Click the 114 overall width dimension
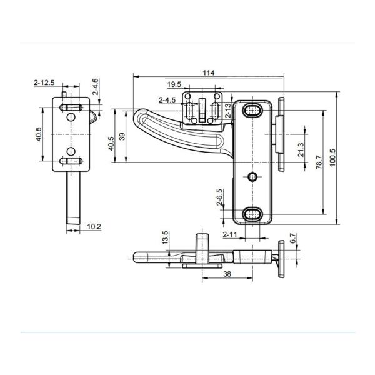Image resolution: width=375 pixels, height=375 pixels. [x=209, y=72]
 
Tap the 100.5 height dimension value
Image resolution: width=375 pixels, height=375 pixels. [x=332, y=158]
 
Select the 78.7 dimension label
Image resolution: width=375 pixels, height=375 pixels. [x=319, y=162]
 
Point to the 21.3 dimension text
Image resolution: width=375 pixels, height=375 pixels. [x=301, y=150]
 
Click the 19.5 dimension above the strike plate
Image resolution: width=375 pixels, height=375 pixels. [x=174, y=84]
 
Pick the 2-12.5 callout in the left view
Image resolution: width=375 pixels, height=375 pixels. [x=44, y=82]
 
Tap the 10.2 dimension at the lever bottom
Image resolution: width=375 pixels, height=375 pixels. [x=94, y=226]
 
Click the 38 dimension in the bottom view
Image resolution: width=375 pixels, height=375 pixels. [x=227, y=274]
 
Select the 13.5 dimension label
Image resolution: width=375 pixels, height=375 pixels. [x=166, y=237]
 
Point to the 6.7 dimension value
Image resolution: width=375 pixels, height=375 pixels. [x=293, y=239]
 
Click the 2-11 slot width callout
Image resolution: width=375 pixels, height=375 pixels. [x=230, y=235]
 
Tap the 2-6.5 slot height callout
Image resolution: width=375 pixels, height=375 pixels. [x=219, y=197]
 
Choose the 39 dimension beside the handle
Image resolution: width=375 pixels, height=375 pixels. [x=122, y=136]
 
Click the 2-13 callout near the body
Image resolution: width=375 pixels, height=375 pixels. [x=228, y=110]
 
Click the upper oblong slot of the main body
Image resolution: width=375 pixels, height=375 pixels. [x=252, y=110]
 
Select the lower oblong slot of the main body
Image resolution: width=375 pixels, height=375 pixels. [x=252, y=214]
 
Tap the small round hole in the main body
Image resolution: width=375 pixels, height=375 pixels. [x=252, y=177]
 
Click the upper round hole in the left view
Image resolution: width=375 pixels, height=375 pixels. [x=71, y=117]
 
